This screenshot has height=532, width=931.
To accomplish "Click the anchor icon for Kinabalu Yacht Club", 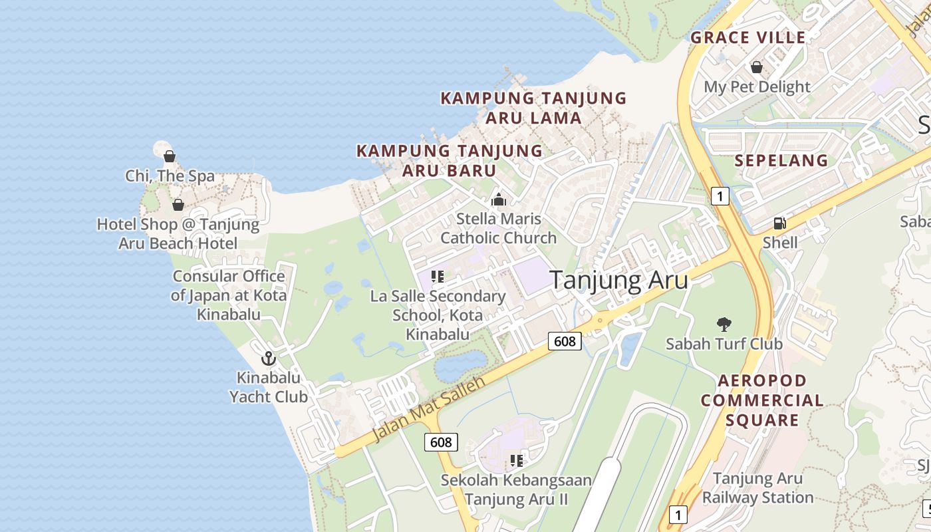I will point(268,359).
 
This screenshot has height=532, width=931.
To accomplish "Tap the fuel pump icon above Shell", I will point(779,223).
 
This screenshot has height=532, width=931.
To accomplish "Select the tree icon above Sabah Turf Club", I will point(724,325).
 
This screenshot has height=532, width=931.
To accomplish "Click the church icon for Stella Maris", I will point(498,199).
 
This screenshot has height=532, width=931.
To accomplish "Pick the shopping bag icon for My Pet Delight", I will point(756,67).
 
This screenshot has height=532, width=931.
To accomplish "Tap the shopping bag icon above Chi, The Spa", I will point(170,157).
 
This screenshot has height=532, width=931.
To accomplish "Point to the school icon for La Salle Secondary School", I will point(437,277).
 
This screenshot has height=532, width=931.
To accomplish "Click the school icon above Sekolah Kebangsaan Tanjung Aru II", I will point(516,460).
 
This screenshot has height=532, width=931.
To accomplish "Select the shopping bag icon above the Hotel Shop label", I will point(178,205).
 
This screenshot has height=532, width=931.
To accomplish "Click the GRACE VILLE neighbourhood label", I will point(748,37).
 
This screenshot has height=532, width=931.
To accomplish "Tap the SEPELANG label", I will point(781,160).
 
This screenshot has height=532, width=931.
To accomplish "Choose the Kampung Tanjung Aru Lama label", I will point(533,108).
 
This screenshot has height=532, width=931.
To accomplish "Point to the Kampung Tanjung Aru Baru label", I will point(450,160).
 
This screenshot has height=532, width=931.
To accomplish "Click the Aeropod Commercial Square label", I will point(762,400).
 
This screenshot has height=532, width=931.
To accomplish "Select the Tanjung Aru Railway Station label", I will point(757,487).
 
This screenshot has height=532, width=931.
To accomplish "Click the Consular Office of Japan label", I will point(229,295).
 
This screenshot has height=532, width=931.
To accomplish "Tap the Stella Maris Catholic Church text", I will point(498,228).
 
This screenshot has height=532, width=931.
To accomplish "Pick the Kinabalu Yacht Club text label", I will point(269,387).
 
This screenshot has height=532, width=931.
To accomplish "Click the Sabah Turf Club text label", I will point(724,344).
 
